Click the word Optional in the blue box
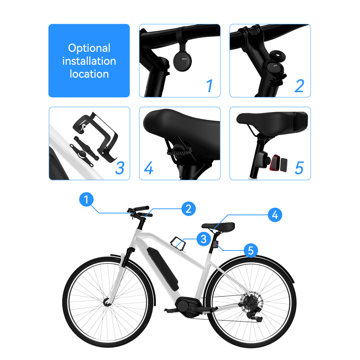click(89, 48)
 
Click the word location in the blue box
click(89, 74)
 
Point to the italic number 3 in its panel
click(120, 168)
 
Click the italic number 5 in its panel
click(299, 168)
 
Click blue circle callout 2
click(188, 209)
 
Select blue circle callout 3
click(203, 238)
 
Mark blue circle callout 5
click(251, 250)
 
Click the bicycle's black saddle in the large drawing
click(218, 226)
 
